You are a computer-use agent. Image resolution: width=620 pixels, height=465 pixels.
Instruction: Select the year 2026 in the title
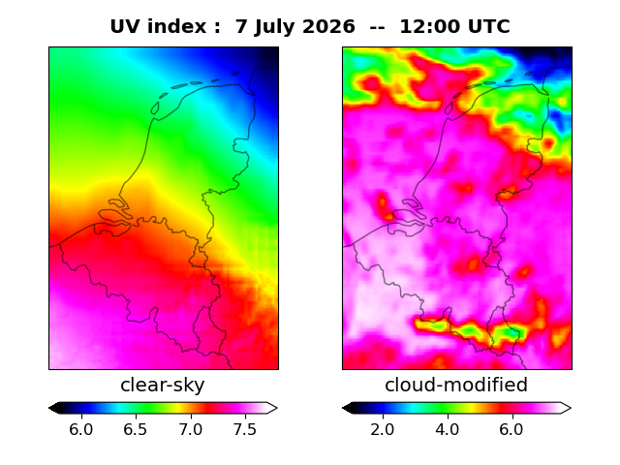coord(328,27)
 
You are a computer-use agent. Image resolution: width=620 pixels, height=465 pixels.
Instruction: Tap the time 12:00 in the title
coord(429,27)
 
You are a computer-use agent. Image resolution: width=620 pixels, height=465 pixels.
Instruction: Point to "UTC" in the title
coord(488,27)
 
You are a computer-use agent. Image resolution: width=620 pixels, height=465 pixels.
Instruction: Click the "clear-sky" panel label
coord(163,385)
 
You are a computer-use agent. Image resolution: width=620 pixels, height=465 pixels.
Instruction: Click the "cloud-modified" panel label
coord(456,385)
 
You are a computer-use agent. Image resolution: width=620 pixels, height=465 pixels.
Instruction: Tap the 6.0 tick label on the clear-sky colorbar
coord(81,429)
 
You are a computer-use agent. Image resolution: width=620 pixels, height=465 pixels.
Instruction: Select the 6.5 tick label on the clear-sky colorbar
coord(136,429)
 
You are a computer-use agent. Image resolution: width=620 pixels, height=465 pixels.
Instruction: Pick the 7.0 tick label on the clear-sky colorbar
coord(191,429)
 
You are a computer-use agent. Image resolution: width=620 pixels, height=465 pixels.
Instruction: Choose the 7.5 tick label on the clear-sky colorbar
coord(245,429)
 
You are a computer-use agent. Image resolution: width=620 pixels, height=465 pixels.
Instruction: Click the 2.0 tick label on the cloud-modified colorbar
coord(383,429)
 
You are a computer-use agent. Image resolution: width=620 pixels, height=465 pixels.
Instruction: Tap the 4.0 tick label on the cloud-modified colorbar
coord(448,429)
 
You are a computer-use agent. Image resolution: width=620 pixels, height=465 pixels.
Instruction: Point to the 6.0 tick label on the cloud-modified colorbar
coord(511,429)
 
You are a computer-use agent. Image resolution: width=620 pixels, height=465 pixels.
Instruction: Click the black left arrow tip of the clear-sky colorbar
coord(49,408)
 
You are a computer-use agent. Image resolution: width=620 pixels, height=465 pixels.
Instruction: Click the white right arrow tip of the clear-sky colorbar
coord(277,408)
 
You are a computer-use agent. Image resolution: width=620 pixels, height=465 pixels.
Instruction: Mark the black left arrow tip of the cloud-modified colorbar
coord(343,408)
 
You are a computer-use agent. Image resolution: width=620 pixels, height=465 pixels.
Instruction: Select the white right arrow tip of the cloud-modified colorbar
coord(571,408)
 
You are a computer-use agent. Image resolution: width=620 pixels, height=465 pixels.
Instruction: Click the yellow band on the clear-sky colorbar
coord(178,408)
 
